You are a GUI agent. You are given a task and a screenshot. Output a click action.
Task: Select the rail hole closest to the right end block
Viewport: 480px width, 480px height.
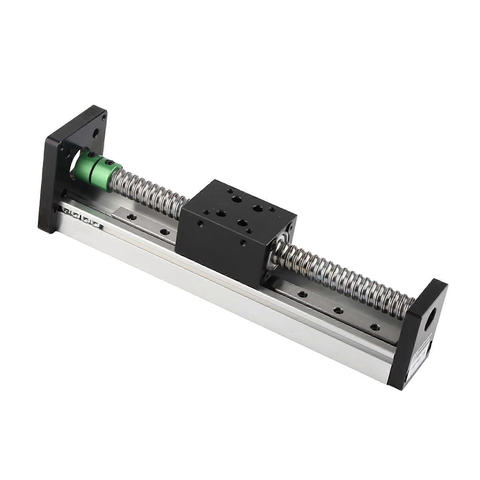[374, 326]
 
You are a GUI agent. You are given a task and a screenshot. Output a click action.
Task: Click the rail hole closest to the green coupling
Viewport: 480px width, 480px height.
[130, 216]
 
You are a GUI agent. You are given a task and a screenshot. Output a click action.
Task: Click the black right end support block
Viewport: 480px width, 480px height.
[420, 336]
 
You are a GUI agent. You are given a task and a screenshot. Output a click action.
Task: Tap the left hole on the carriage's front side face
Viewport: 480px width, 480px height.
[200, 223]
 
